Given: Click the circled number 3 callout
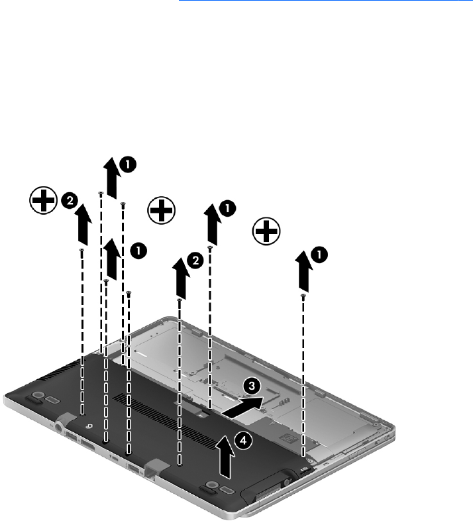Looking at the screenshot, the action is coord(252,386).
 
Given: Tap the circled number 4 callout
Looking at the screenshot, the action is coord(244,441).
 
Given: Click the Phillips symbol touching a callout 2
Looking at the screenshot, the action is coord(44,200).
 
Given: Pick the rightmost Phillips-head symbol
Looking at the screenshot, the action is coord(266,231).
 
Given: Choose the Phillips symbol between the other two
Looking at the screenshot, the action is coord(162,210).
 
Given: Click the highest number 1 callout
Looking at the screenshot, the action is coord(128,164).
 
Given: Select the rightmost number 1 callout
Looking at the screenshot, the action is coord(319,255).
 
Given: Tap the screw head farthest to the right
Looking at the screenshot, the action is coord(303,296).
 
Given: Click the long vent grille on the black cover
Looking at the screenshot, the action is coord(166,420).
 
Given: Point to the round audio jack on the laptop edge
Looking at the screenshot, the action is coord(60,426).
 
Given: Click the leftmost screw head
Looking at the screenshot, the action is coord(81,250).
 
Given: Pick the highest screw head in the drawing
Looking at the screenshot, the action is coord(101,194).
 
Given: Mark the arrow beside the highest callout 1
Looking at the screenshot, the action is coord(112,178).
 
